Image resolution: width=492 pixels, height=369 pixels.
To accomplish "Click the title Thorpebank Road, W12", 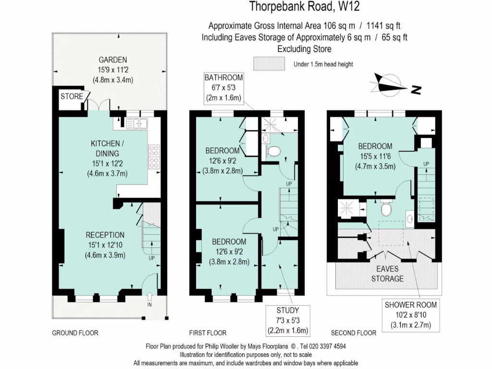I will pyautogui.click(x=304, y=7).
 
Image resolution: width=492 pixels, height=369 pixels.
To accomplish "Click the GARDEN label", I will pyautogui.click(x=112, y=60).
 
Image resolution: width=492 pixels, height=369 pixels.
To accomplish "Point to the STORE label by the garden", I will pyautogui.click(x=71, y=97).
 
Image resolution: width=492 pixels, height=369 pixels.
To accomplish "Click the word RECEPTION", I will pyautogui.click(x=105, y=235).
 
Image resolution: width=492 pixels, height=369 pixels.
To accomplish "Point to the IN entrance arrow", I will pyautogui.click(x=149, y=298).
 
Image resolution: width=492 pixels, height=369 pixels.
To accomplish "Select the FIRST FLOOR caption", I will pyautogui.click(x=207, y=333).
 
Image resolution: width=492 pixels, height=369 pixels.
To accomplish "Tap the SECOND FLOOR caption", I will pyautogui.click(x=354, y=333).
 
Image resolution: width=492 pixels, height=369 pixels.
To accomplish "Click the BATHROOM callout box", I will pyautogui.click(x=223, y=87).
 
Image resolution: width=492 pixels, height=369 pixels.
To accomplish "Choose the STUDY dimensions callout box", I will pyautogui.click(x=288, y=320).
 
